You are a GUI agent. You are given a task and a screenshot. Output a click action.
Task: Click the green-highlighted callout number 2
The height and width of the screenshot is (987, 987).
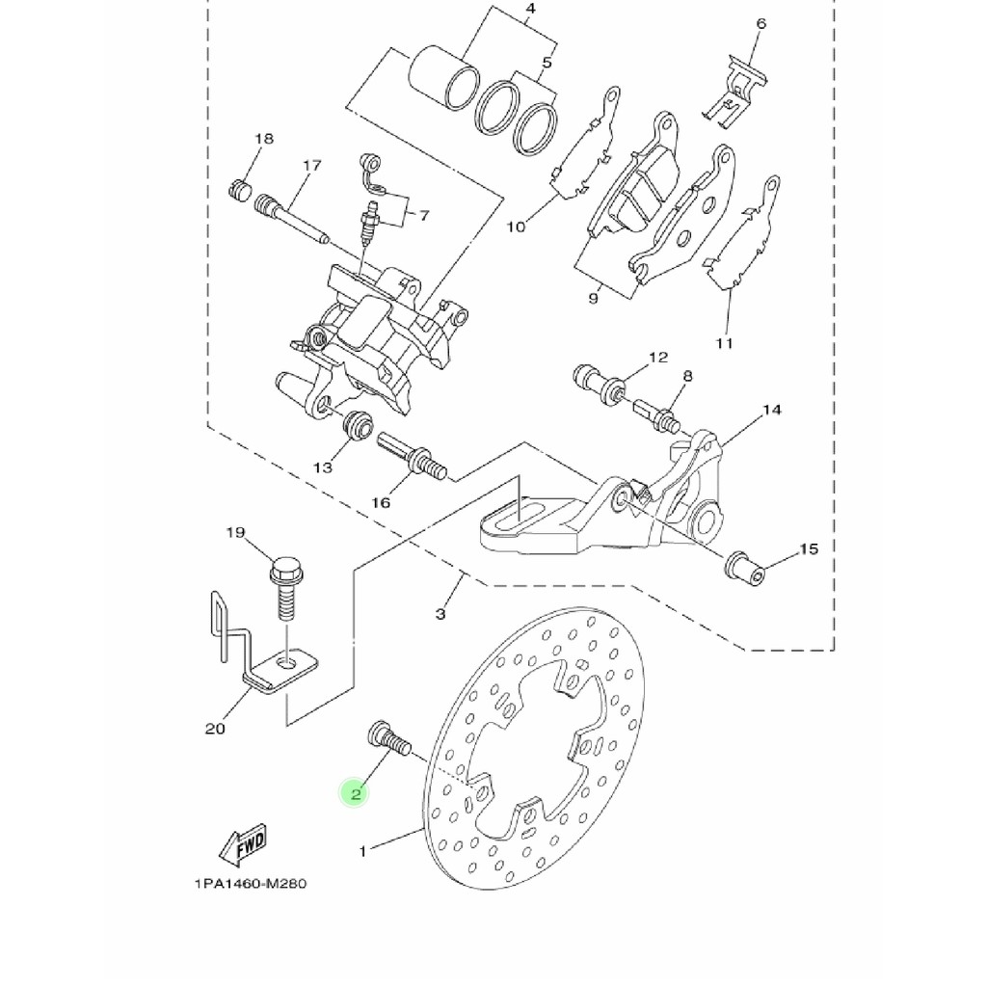(x=355, y=793)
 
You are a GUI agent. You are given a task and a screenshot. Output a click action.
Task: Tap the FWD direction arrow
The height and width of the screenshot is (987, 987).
(x=244, y=844)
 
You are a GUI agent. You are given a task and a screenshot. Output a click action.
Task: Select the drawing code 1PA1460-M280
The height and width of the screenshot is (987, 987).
(x=251, y=883)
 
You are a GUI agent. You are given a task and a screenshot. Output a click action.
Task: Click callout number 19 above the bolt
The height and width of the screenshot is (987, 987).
(x=235, y=532)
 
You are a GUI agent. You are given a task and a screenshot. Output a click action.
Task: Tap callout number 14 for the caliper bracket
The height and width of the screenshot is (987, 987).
(x=772, y=410)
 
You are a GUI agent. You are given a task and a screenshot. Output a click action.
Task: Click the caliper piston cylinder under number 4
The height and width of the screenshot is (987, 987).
(x=443, y=76)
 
